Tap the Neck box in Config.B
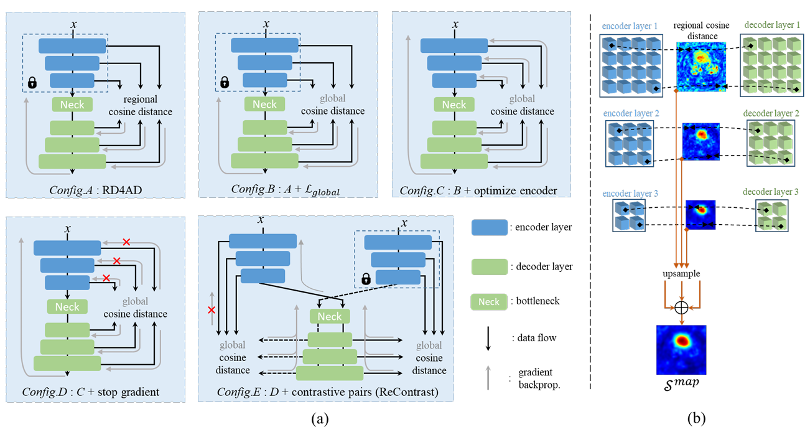click(x=265, y=105)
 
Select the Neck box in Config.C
click(x=454, y=105)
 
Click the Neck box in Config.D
click(x=67, y=306)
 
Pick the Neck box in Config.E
click(x=330, y=316)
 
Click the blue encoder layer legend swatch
click(x=489, y=228)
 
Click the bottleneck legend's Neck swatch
click(x=489, y=301)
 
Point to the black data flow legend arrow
click(x=488, y=337)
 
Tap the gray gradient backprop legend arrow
click(x=488, y=375)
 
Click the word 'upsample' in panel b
click(x=682, y=274)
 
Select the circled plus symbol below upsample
click(x=682, y=308)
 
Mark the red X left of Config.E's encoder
click(x=211, y=310)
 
